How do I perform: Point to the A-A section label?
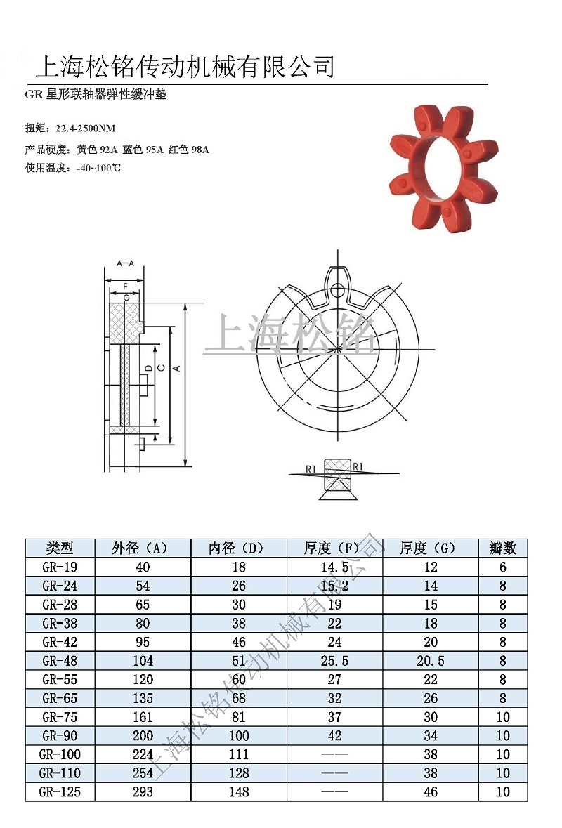click(124, 263)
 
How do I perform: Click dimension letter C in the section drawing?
click(161, 367)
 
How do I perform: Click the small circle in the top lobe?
click(339, 289)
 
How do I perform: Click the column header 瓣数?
click(502, 548)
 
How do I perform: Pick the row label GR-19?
click(60, 567)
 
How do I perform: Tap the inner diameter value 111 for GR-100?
click(239, 754)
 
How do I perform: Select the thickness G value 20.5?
click(431, 661)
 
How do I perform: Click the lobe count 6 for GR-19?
click(502, 567)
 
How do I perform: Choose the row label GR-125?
click(60, 791)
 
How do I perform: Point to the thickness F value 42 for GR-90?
click(334, 735)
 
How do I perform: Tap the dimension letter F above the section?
click(125, 287)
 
